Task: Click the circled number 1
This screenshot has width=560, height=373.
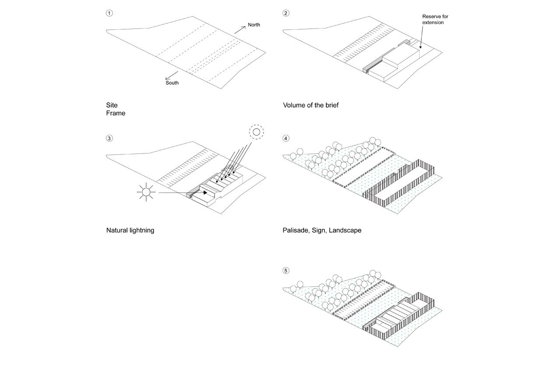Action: click(109, 13)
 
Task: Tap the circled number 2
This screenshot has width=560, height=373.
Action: click(286, 13)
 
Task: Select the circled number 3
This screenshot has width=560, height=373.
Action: click(109, 139)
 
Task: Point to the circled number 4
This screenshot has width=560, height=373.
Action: click(286, 139)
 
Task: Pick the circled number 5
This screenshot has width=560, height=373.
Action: click(286, 271)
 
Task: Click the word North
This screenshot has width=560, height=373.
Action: click(254, 25)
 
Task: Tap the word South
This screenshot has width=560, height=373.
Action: click(172, 83)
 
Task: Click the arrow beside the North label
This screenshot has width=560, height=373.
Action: click(240, 30)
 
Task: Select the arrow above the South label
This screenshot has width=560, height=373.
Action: click(171, 75)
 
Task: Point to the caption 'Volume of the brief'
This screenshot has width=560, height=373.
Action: click(311, 105)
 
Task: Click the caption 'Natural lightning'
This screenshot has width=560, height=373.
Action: click(130, 230)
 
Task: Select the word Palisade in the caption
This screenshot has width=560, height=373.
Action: click(296, 230)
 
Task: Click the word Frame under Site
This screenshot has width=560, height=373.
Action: click(115, 113)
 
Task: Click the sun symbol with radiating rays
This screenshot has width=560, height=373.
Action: click(146, 192)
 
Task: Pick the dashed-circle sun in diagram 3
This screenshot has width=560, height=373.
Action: click(256, 132)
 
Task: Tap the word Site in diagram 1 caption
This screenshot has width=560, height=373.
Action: click(112, 105)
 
